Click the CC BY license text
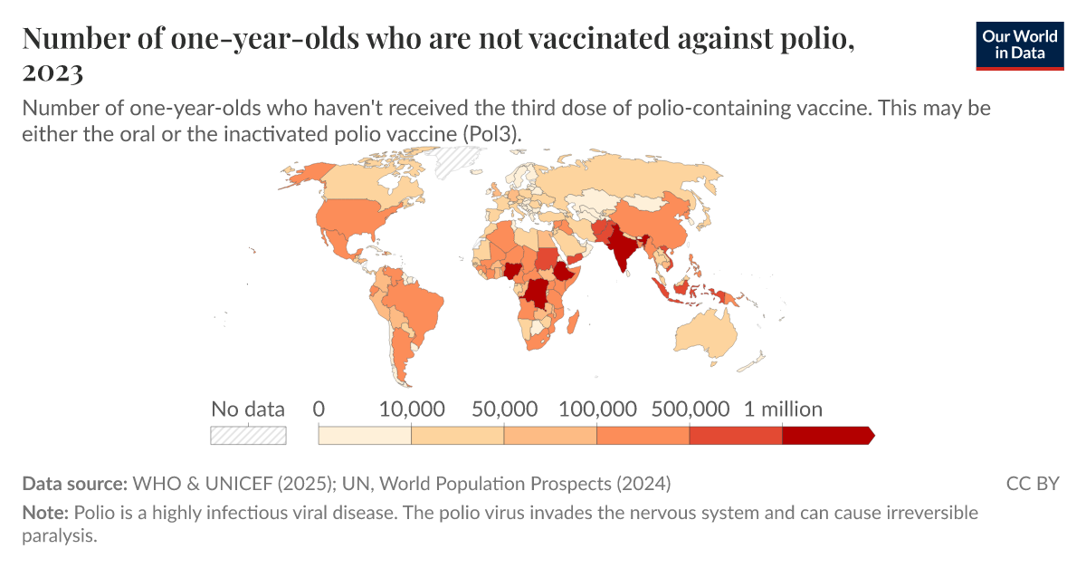1032,483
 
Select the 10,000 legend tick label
412,409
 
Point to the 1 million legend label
783,409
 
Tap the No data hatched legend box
248,436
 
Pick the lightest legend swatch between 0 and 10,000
365,436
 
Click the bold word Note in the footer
44,513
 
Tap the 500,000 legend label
690,409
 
